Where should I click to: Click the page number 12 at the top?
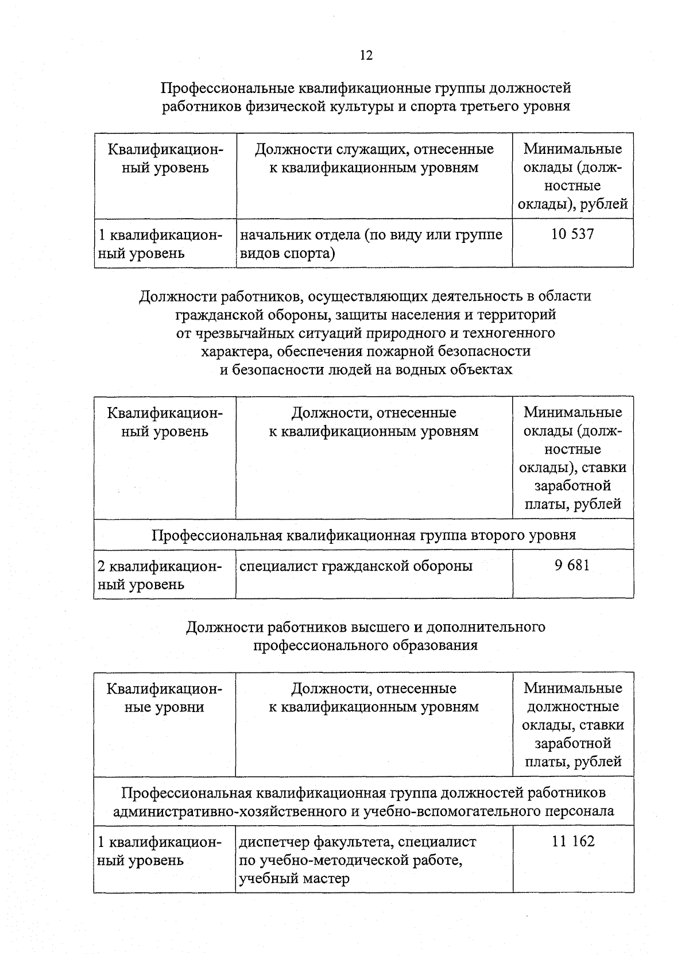(x=366, y=55)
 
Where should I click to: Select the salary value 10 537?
(x=572, y=234)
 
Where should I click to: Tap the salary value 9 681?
(x=572, y=566)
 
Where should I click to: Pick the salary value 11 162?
(x=573, y=842)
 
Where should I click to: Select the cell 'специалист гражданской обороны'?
(x=356, y=566)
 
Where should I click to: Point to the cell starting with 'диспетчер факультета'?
(x=357, y=860)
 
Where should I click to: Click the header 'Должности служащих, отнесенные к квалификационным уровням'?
(x=374, y=158)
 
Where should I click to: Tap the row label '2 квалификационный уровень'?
(x=160, y=575)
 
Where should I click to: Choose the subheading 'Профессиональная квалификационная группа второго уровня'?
(x=363, y=535)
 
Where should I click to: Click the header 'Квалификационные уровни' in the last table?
(x=165, y=697)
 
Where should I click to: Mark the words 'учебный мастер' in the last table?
(x=294, y=879)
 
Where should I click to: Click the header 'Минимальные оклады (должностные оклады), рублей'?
(x=572, y=176)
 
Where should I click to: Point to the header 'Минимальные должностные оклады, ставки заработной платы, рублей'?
(x=573, y=725)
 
